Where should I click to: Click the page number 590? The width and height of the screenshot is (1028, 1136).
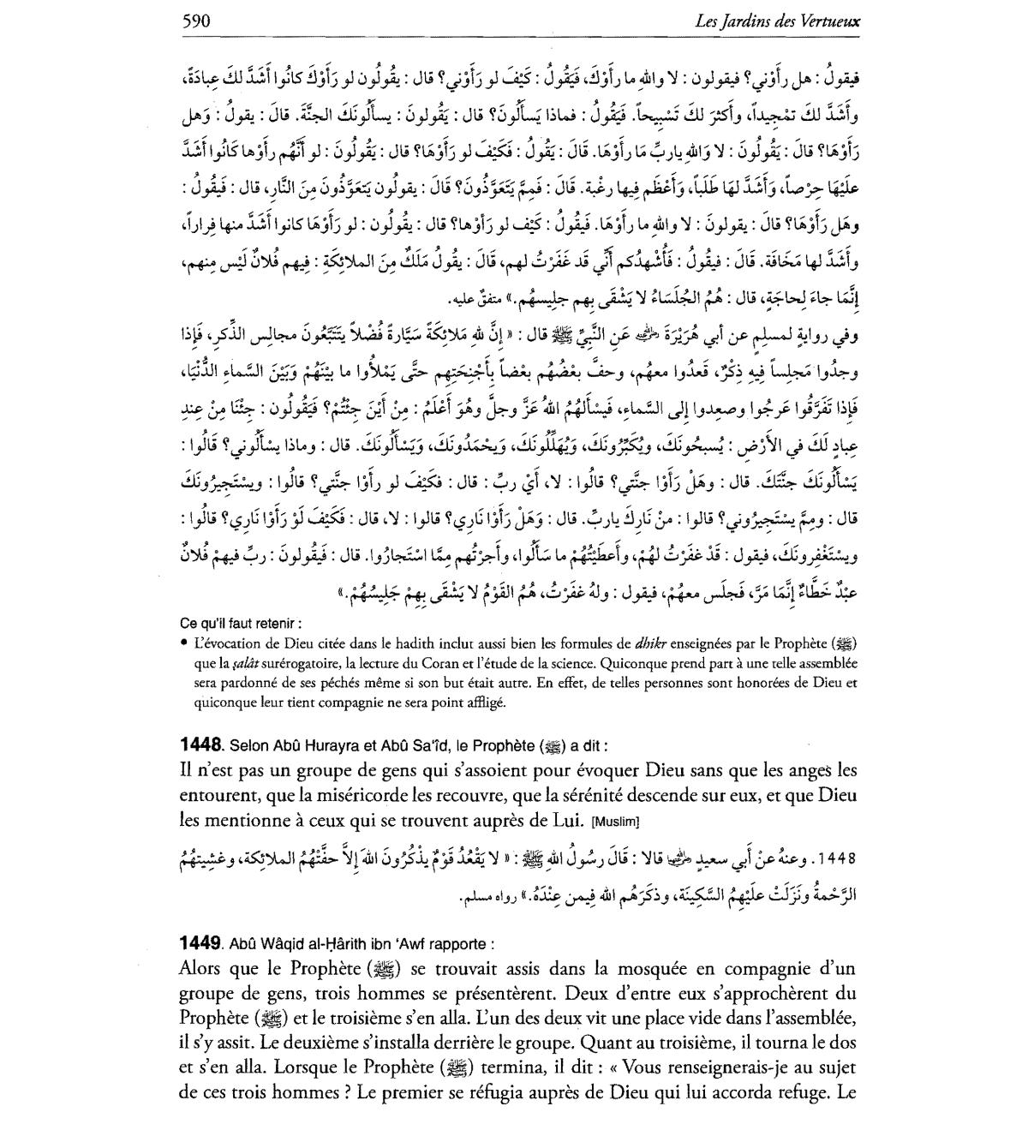tap(196, 20)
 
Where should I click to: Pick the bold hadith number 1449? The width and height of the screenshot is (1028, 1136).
tap(202, 944)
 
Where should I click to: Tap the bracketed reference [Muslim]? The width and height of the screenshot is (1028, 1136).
tap(616, 822)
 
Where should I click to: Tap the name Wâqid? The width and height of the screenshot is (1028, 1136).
tap(280, 945)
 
